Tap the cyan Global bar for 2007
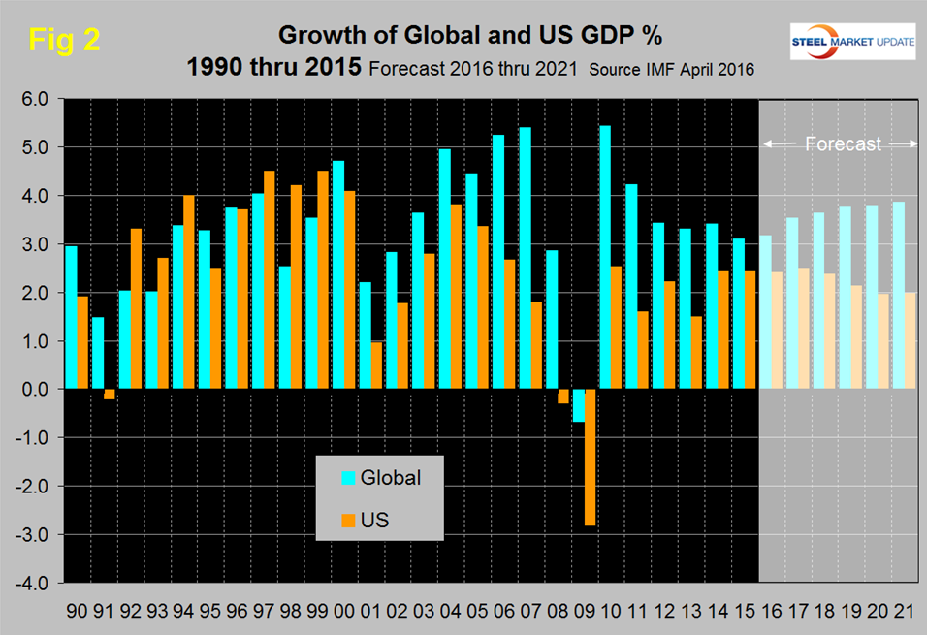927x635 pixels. [525, 258]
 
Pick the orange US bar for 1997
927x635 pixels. [269, 280]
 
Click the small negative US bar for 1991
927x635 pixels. [109, 394]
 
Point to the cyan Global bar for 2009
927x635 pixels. [578, 405]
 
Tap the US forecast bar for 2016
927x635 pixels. [778, 331]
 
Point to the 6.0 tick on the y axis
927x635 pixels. [34, 99]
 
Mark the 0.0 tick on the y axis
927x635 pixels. [34, 390]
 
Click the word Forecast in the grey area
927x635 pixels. [844, 144]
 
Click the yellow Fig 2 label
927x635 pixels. [64, 39]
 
